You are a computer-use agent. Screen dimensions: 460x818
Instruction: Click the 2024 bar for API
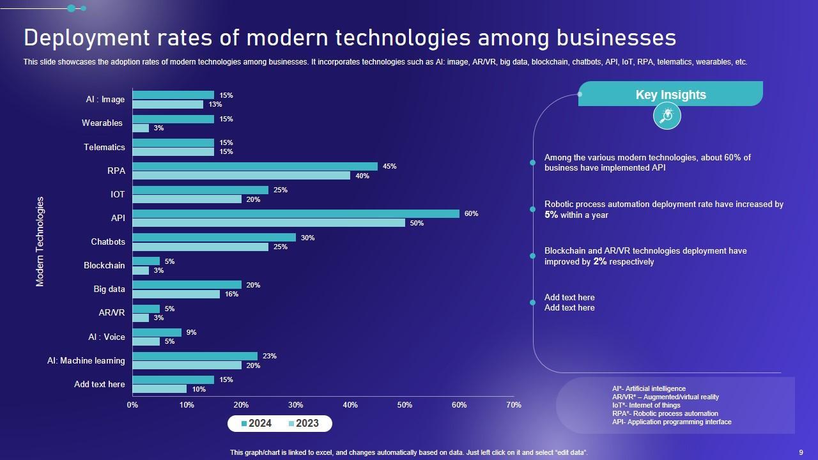[x=295, y=213]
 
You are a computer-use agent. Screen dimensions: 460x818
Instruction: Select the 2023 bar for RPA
[x=241, y=176]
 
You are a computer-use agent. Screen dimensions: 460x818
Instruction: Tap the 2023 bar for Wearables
[x=141, y=128]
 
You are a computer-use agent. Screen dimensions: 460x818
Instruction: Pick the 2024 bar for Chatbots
[x=213, y=237]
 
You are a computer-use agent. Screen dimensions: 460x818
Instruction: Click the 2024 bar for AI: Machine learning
[x=195, y=356]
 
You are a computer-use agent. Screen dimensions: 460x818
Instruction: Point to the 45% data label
[x=389, y=166]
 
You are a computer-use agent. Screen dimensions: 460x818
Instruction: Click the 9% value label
[x=191, y=332]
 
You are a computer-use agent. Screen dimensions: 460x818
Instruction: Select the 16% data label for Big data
[x=231, y=294]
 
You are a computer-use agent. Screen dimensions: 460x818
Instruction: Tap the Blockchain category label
[x=104, y=265]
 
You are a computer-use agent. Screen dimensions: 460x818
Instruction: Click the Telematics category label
[x=104, y=147]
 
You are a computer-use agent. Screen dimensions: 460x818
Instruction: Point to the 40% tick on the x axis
[x=350, y=404]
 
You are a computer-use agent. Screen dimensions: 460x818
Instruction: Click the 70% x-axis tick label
[x=513, y=404]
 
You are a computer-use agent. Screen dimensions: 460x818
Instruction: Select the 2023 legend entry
[x=304, y=424]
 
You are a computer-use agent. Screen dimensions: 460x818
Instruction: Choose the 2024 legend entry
[x=256, y=424]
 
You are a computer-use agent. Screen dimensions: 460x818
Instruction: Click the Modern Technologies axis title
[x=40, y=241]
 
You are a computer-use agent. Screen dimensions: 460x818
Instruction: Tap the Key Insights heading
[x=670, y=95]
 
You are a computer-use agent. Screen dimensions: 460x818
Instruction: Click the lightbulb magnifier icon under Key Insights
[x=667, y=116]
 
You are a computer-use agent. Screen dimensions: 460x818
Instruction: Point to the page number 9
[x=801, y=452]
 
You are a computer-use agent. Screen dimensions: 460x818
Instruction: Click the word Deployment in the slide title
[x=82, y=38]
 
